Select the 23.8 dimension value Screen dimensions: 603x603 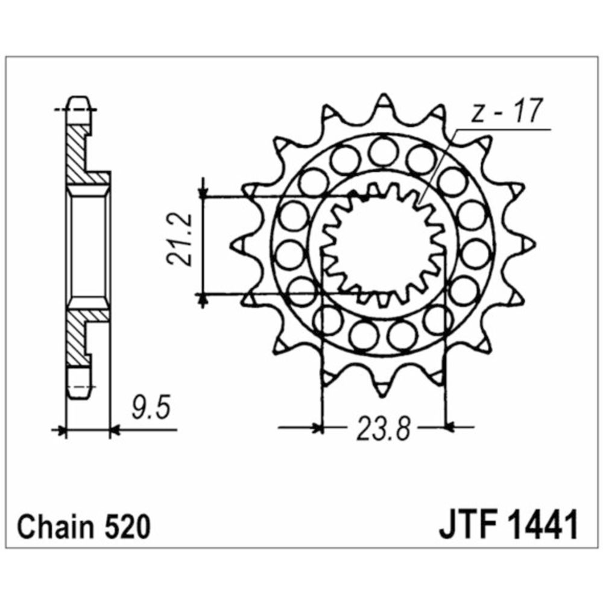pyautogui.click(x=384, y=429)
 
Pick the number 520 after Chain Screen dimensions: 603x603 pyautogui.click(x=124, y=528)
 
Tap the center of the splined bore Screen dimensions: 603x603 pyautogui.click(x=384, y=244)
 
